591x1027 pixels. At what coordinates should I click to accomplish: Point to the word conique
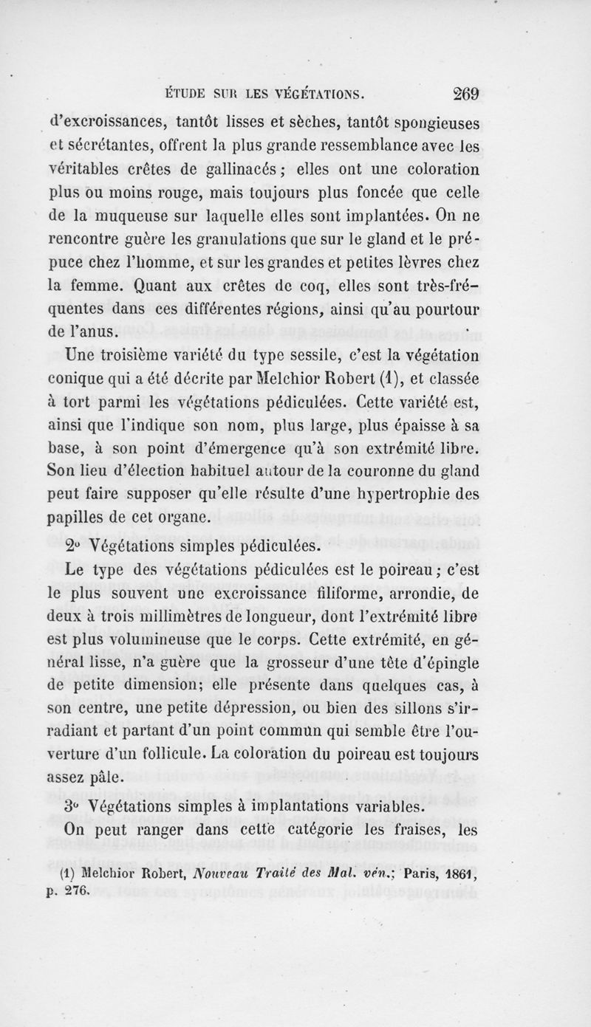[76, 380]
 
